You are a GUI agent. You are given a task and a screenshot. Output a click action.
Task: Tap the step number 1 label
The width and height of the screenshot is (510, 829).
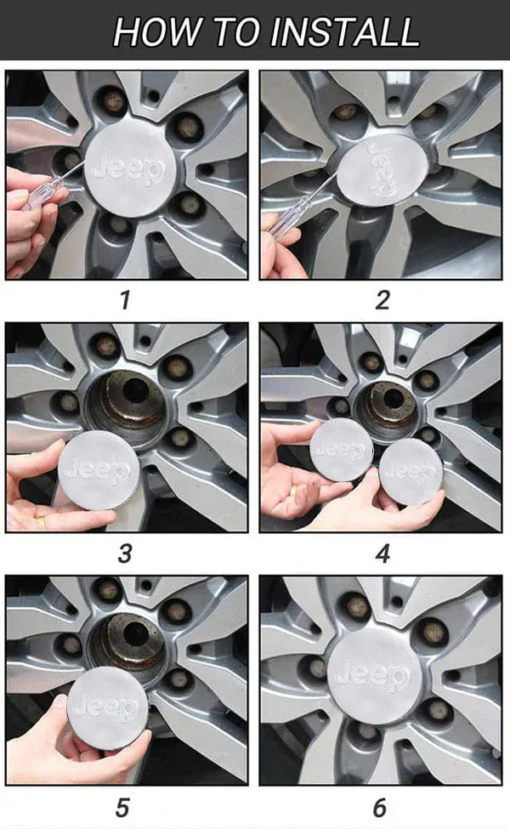coord(125,300)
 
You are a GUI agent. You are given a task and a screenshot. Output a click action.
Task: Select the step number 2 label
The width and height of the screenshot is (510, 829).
coord(382,300)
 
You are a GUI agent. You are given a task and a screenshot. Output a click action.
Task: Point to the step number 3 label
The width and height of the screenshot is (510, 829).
coord(125,554)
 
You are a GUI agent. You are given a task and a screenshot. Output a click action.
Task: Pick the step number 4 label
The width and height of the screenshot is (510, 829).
coord(382,554)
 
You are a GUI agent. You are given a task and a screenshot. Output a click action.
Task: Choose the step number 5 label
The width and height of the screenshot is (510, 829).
coord(122,808)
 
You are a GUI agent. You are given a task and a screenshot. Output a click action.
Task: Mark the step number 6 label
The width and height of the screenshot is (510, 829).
coord(380,808)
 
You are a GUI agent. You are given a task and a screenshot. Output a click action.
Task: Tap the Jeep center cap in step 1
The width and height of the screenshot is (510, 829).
coord(130,170)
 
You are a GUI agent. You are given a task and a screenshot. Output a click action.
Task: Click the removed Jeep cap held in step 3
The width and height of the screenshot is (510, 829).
coord(99,470)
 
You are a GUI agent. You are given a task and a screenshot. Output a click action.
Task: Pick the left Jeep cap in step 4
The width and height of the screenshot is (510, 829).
coord(342,450)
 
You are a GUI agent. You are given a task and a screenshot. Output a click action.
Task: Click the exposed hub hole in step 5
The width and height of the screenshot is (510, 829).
coord(136,634)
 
